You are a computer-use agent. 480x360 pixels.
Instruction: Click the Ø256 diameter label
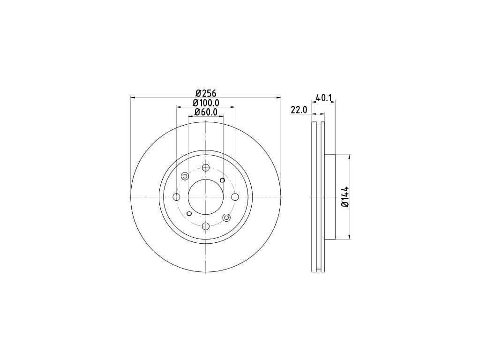pos(206,93)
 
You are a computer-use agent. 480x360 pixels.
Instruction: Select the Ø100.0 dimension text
pos(206,103)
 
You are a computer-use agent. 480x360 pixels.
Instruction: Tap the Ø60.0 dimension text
pos(206,112)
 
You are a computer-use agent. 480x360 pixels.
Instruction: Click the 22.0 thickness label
pos(299,110)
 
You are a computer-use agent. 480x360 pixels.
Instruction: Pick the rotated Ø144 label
pos(345,196)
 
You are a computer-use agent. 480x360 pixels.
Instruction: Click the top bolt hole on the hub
pos(206,168)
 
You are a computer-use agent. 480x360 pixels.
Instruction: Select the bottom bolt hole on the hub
pos(206,226)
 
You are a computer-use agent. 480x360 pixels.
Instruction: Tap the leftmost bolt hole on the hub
pos(177,197)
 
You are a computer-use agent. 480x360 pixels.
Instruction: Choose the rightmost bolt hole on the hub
pos(235,197)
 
